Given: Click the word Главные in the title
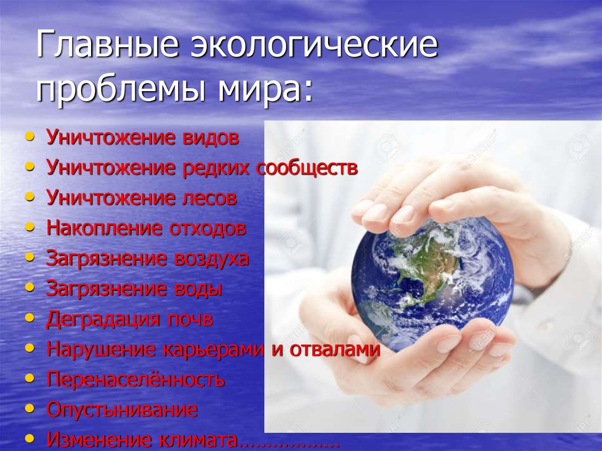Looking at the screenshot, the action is click(x=108, y=46).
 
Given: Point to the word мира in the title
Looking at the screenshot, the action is click(x=265, y=89).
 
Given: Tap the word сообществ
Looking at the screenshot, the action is click(x=307, y=168).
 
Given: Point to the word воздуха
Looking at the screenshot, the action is click(x=211, y=258).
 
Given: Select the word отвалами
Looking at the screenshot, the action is click(x=335, y=349).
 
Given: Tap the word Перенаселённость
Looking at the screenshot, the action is click(x=136, y=379).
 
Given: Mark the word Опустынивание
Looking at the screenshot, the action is click(x=122, y=409).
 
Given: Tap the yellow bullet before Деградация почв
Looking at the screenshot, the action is click(x=29, y=318).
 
